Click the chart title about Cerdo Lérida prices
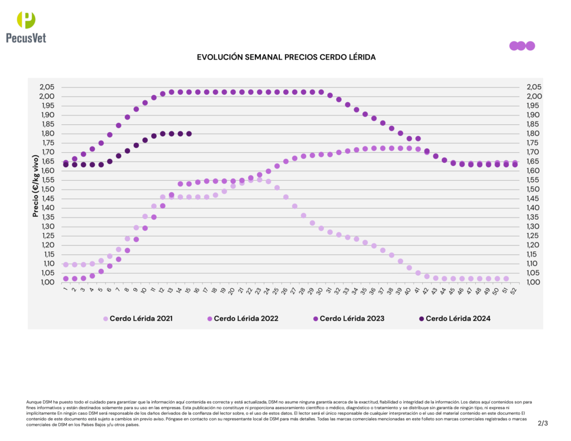286,57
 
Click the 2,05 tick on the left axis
47,87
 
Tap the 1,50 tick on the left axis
47,189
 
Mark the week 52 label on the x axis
514,290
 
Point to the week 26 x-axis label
285,290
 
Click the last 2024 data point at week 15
189,134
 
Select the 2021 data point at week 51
506,279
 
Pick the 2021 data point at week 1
66,265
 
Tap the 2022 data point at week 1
66,279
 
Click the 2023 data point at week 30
321,92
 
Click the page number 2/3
543,423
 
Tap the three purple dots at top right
521,46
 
